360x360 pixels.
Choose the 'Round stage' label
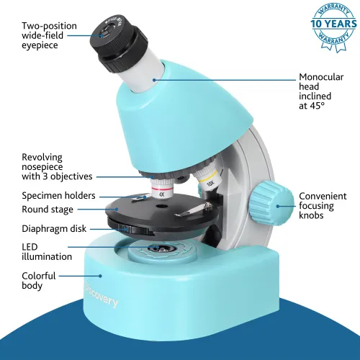[47, 210]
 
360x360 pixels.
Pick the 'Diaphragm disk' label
[54, 229]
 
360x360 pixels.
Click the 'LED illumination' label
[47, 251]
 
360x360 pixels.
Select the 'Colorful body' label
[39, 280]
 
